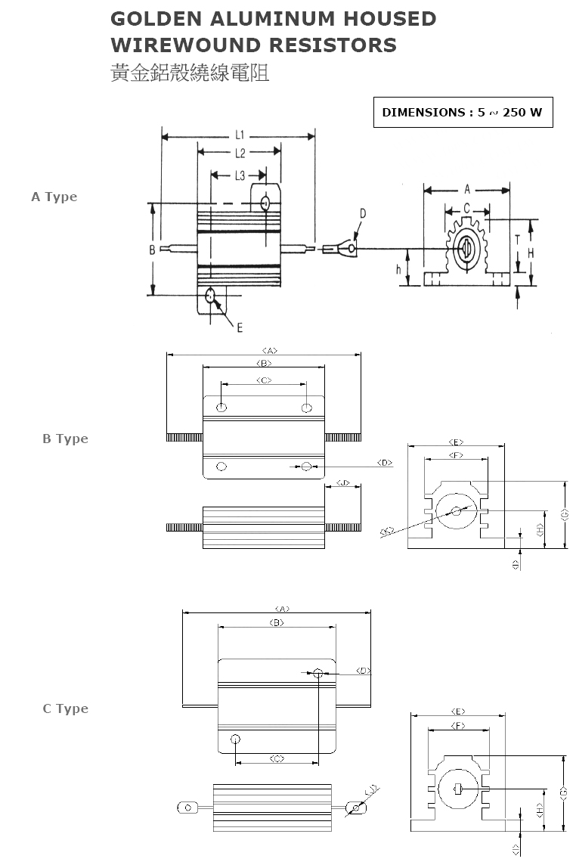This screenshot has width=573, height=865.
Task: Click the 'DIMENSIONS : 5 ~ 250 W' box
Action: [x=463, y=113]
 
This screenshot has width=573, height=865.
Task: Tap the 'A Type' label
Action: [x=54, y=197]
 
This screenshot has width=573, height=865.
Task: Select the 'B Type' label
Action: [x=65, y=439]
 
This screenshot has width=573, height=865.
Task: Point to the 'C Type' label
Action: [x=65, y=708]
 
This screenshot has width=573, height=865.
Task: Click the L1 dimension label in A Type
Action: [x=239, y=135]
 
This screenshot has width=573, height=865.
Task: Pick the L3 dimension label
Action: [x=239, y=176]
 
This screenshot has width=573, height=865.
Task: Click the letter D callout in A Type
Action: [x=362, y=214]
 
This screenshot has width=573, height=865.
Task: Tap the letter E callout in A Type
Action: [x=239, y=327]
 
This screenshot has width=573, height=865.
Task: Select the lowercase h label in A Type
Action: [x=398, y=268]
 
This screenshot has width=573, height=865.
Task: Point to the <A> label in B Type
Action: [x=270, y=350]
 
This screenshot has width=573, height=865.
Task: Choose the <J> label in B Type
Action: [x=343, y=482]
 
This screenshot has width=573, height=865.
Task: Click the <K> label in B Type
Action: [x=387, y=532]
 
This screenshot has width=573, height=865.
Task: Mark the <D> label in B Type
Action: [x=384, y=463]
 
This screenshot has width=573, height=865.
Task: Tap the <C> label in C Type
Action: [x=277, y=758]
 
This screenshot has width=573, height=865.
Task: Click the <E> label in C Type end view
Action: [x=457, y=712]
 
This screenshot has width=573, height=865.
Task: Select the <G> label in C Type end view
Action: [x=563, y=792]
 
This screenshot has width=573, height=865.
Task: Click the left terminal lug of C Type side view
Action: [x=186, y=808]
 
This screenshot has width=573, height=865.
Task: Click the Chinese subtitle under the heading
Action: [x=190, y=73]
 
